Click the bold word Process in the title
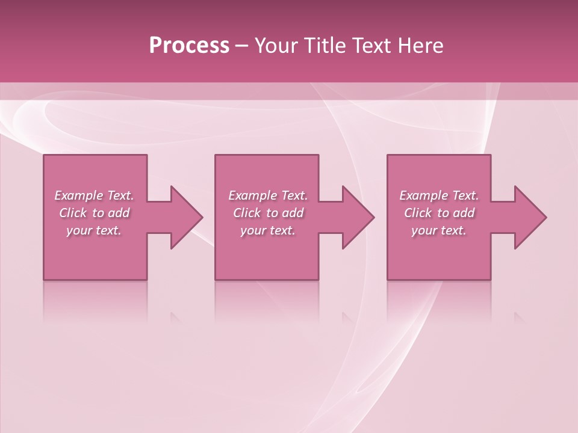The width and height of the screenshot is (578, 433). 189,46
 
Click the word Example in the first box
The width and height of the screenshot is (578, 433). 78,195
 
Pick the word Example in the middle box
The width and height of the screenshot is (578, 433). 252,195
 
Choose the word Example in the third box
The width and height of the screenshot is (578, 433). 423,195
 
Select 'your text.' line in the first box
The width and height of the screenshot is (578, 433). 94,230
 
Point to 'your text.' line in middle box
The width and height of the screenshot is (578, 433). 268,230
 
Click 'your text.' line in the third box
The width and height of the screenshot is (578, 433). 439,230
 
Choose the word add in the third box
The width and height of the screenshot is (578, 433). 464,213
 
